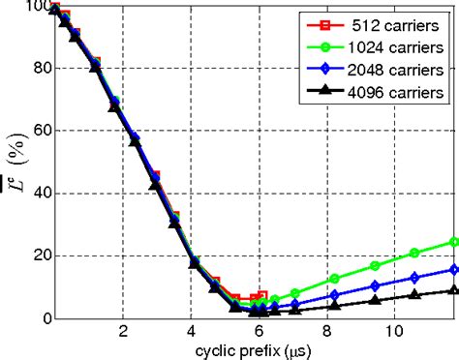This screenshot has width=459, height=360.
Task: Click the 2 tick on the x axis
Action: point(123,331)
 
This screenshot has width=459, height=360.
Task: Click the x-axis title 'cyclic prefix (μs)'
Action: point(255,349)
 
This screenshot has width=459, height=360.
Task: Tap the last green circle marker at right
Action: point(454,241)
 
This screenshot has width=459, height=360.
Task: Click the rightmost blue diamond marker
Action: point(454,269)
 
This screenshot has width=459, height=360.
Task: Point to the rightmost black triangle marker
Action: point(454,289)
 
